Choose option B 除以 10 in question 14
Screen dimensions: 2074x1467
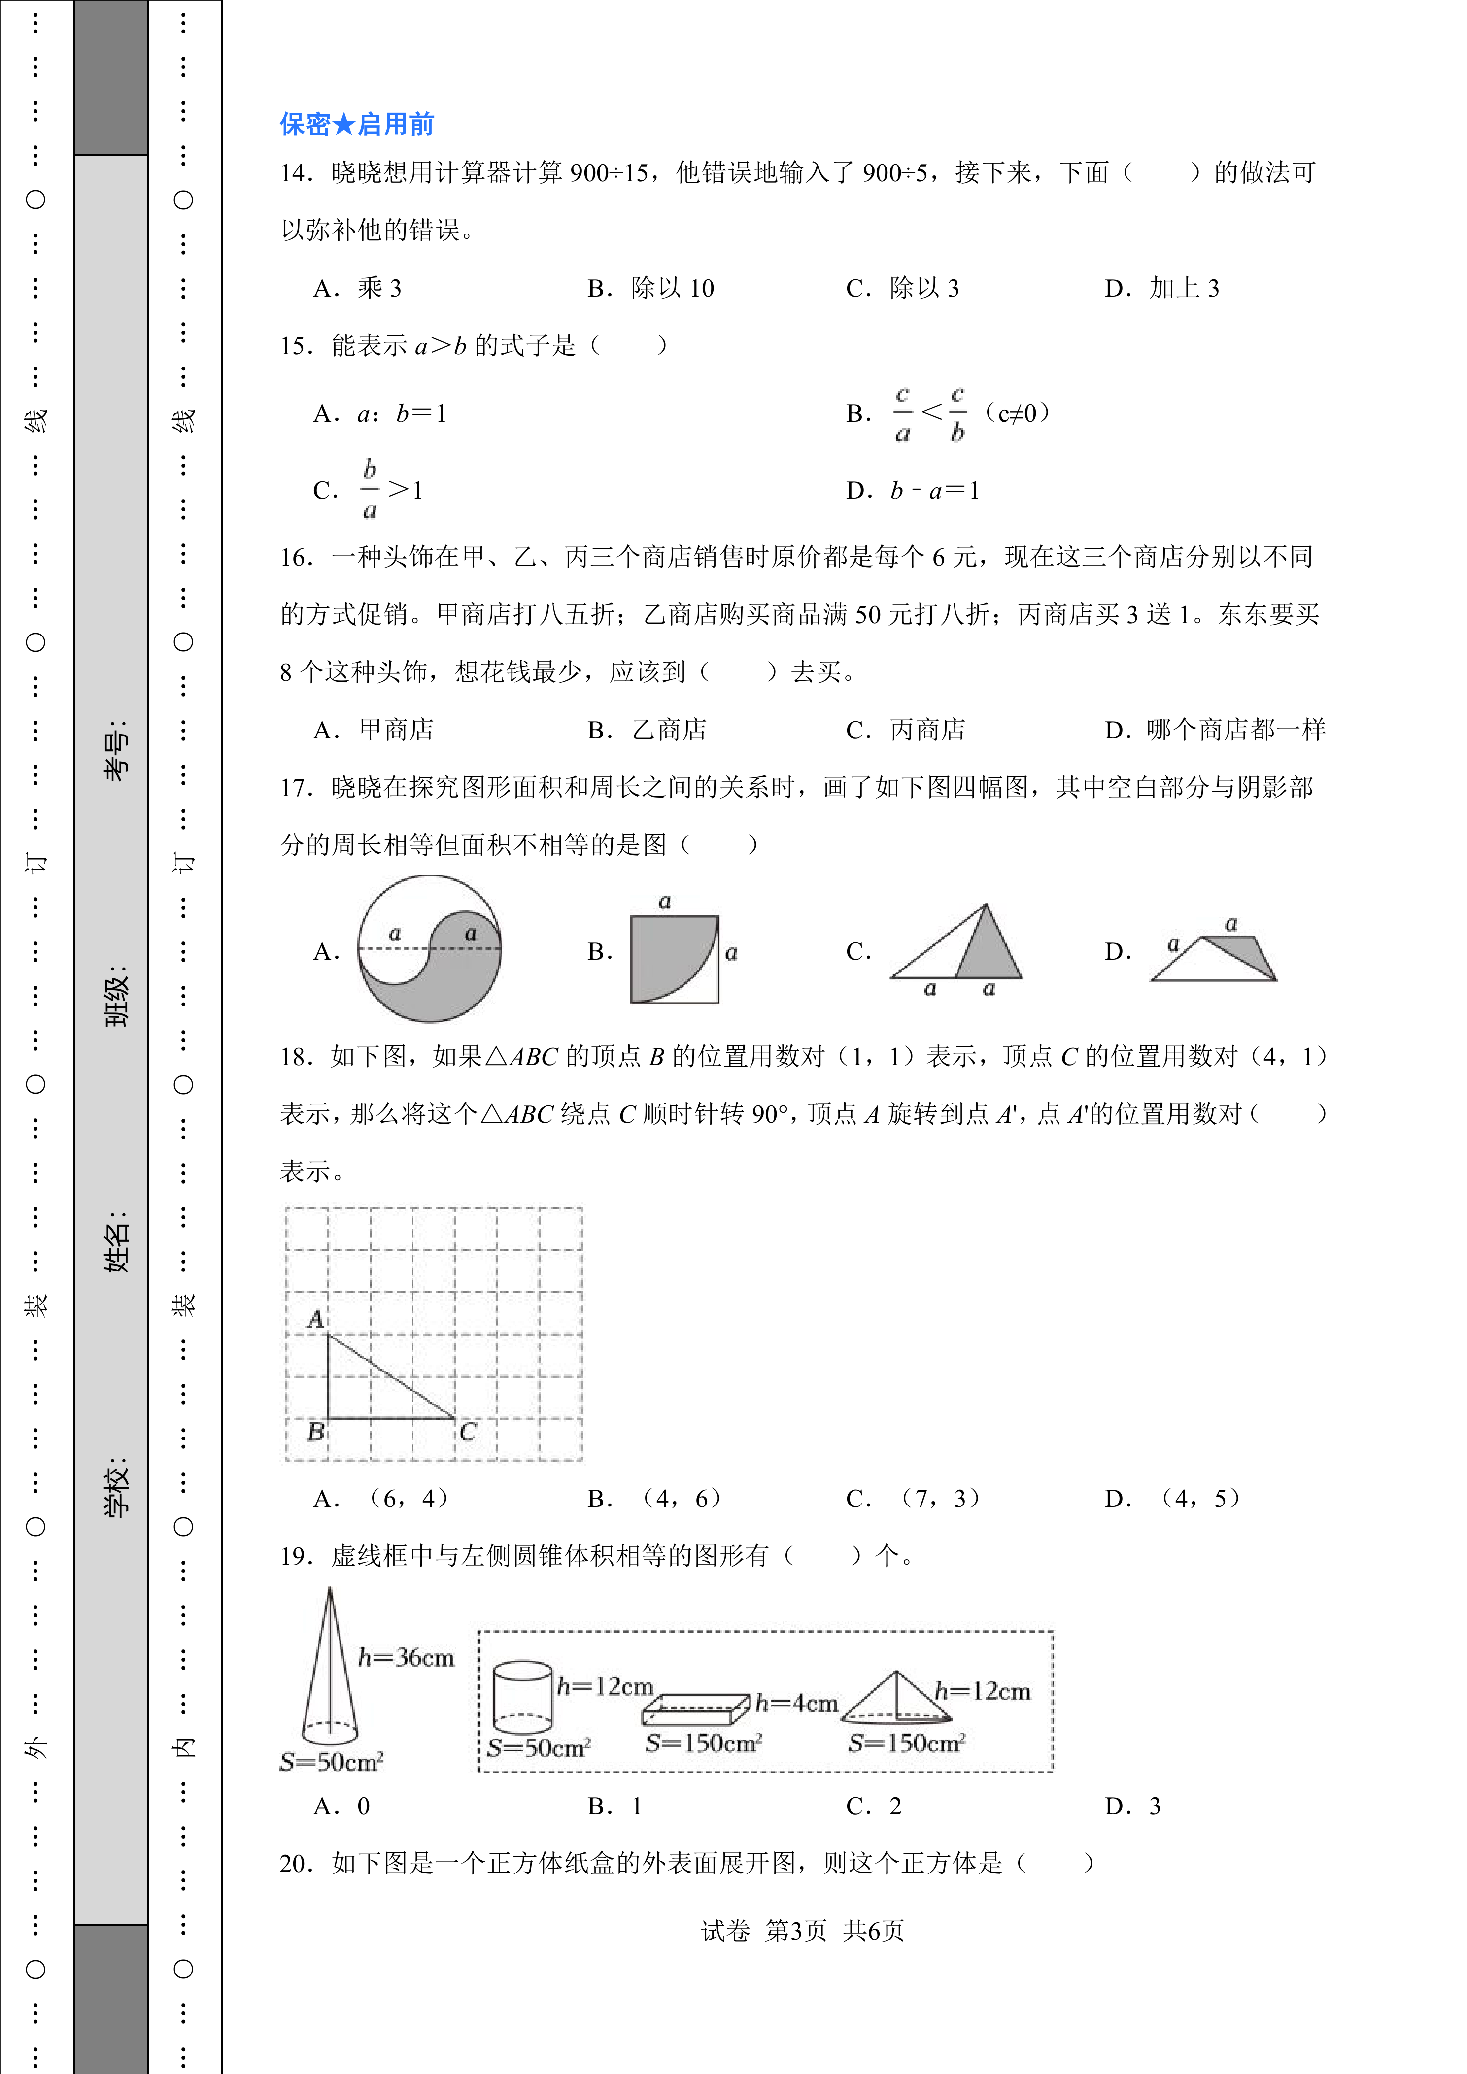point(651,288)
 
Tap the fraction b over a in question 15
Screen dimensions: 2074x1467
point(370,490)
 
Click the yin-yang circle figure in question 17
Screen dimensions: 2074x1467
point(430,948)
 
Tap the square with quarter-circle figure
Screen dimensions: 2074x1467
point(675,959)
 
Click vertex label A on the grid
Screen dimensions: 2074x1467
point(315,1319)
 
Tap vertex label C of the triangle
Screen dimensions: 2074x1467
point(468,1431)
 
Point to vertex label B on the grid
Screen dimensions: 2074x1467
point(315,1431)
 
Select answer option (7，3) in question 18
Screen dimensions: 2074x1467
point(914,1499)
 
